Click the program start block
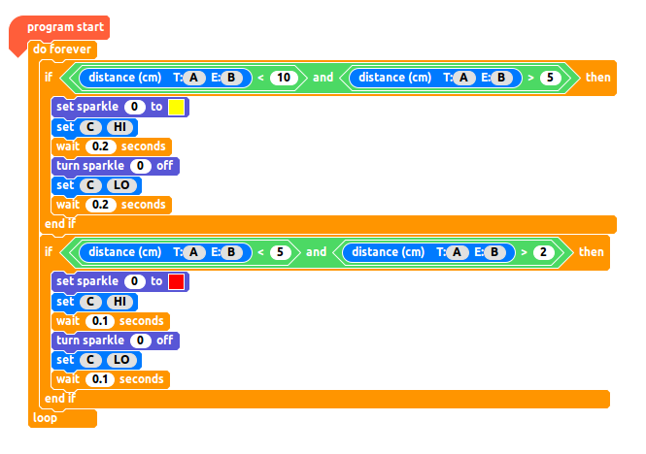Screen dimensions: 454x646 point(65,27)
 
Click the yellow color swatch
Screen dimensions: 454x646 point(176,107)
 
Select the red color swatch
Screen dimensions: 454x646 point(176,281)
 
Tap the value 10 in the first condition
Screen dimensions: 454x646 point(283,78)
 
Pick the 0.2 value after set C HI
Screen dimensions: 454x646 point(101,146)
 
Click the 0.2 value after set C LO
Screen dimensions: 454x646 point(101,205)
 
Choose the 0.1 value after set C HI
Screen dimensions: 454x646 point(100,321)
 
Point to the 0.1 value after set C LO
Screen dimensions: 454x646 point(100,379)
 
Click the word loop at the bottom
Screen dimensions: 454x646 point(45,418)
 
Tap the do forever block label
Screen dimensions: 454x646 point(61,49)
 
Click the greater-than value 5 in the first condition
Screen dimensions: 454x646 point(551,78)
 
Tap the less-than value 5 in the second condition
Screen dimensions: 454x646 point(281,252)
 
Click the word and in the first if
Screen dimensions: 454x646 point(323,78)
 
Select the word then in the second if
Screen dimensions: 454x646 point(591,252)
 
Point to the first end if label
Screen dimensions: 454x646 point(59,224)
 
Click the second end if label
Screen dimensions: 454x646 point(59,399)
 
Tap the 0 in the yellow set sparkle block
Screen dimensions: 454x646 point(135,107)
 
